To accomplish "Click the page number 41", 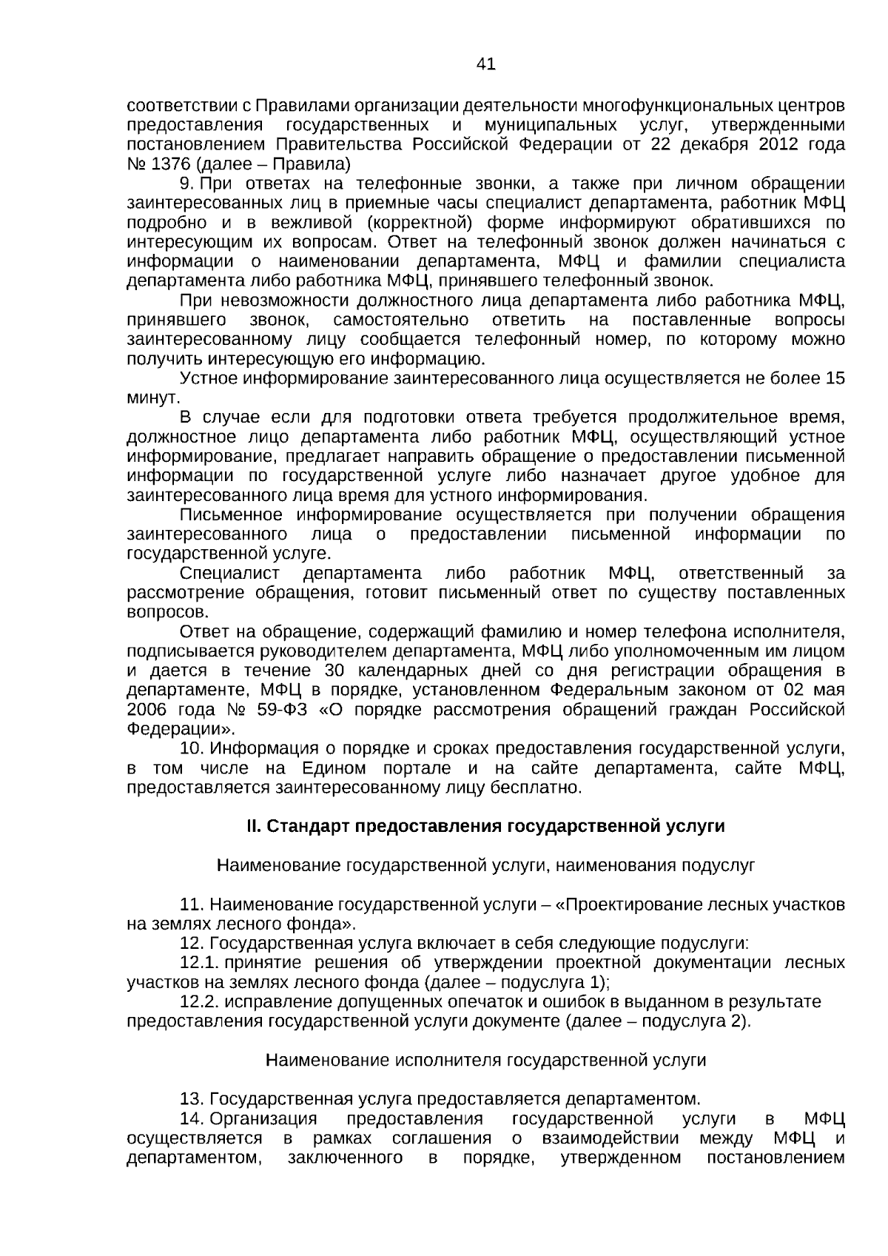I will coord(485,64).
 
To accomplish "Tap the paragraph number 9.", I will coord(187,184).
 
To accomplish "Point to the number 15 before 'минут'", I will coord(834,379).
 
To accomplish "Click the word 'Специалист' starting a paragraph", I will coord(230,574).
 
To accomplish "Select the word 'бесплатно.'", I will coord(545,787).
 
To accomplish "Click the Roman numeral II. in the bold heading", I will coord(254,827).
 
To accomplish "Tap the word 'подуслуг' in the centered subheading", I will coord(723,865).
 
